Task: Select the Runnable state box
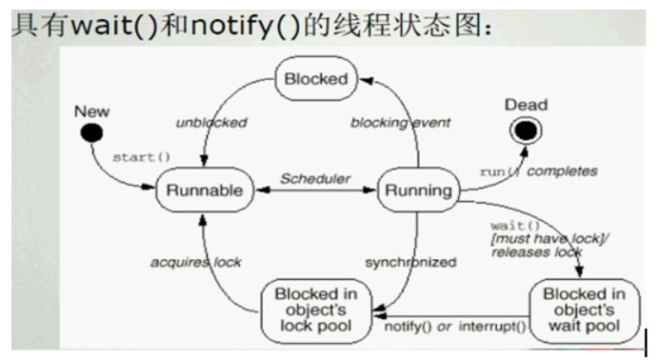click(x=204, y=190)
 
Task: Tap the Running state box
click(x=417, y=190)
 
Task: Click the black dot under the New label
click(x=91, y=133)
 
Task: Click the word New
click(x=91, y=112)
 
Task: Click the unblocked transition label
click(x=211, y=123)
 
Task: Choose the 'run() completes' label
click(x=538, y=171)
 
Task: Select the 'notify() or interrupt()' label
click(x=454, y=328)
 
